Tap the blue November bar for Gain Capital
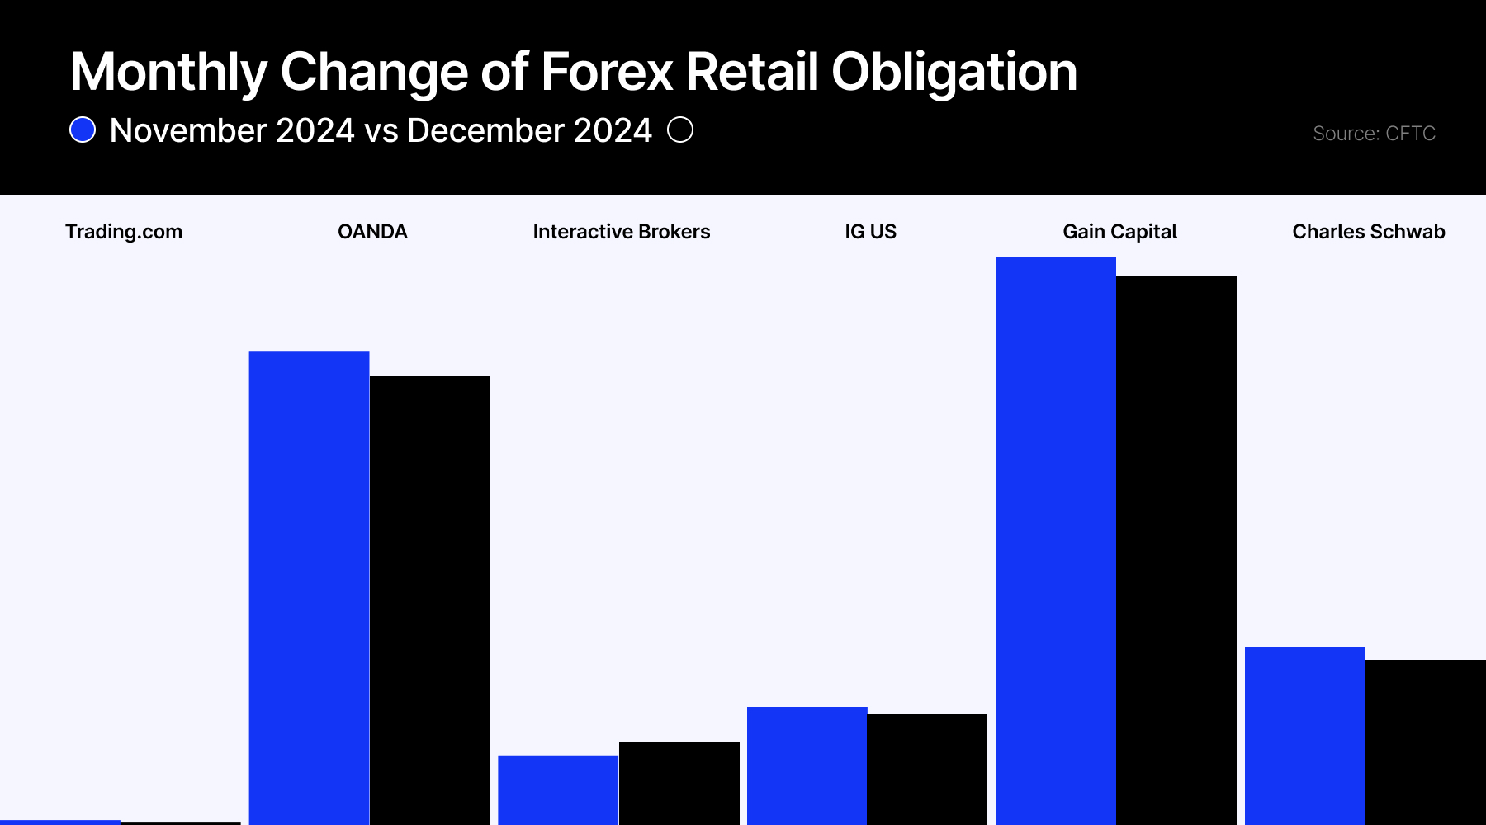[1055, 540]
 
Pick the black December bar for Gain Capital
[1176, 549]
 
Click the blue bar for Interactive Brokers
[558, 790]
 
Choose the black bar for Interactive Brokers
[679, 783]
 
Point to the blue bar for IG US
[807, 766]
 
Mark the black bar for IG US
[927, 769]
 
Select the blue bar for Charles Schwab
[1304, 735]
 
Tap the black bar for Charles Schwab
[1425, 742]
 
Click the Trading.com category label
[124, 232]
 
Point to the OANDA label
[372, 232]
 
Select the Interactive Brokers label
[621, 232]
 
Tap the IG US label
[870, 232]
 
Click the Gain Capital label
[1119, 232]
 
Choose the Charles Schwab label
[1368, 232]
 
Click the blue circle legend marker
[83, 130]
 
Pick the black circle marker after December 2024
[680, 130]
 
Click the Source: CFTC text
[1374, 134]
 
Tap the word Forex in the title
[607, 72]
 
